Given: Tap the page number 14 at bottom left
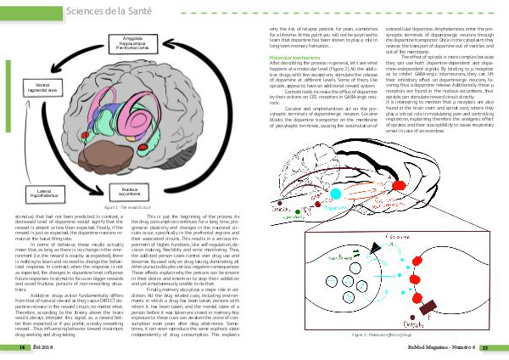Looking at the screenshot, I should pyautogui.click(x=12, y=347).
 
